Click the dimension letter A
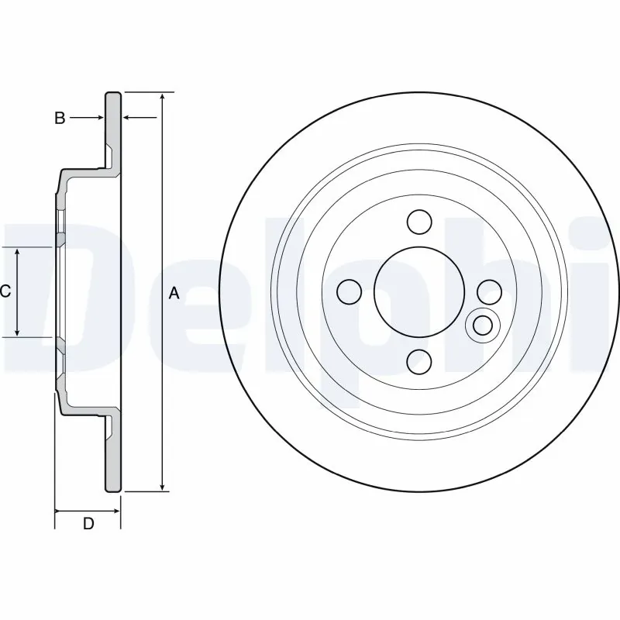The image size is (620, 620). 174,293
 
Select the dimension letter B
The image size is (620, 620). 59,119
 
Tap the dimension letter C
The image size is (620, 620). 5,291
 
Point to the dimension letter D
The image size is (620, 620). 88,524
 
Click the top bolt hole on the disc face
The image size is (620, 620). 419,222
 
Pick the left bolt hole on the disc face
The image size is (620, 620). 350,291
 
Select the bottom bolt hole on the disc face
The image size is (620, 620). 419,360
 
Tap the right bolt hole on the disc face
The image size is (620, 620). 489,291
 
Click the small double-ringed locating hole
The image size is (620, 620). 482,324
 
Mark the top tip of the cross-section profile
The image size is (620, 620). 113,94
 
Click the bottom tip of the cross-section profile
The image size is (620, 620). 113,491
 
